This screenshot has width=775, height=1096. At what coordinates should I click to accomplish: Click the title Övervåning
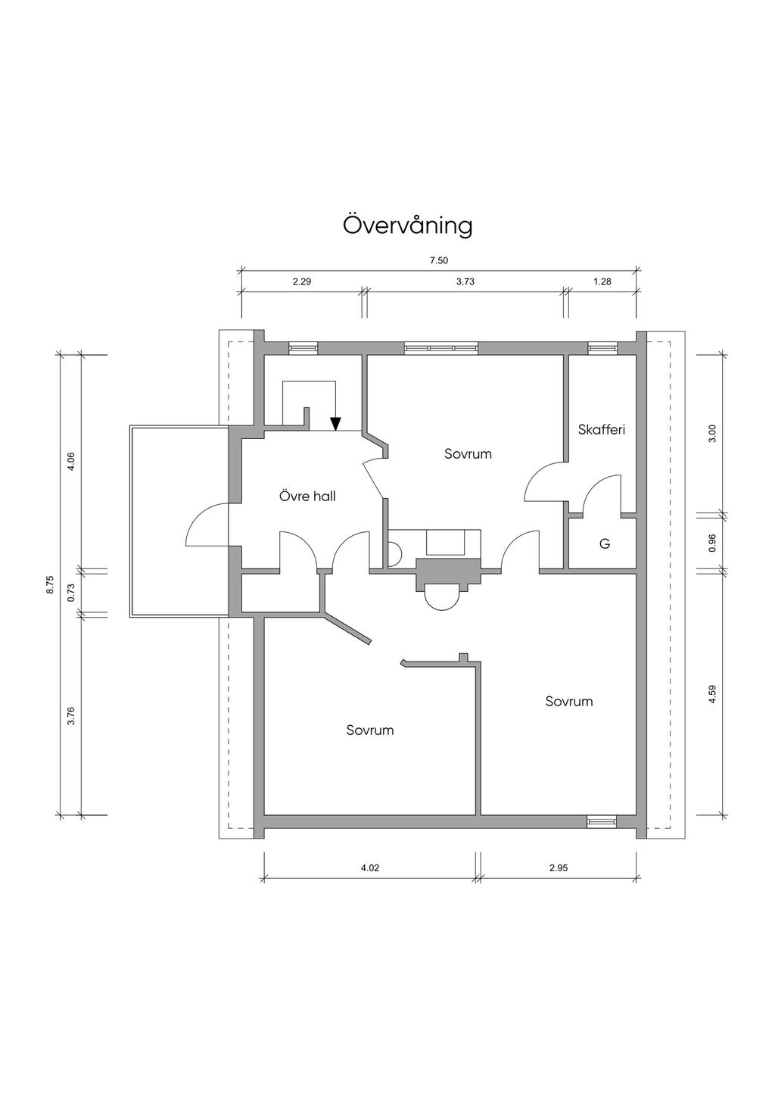tap(408, 226)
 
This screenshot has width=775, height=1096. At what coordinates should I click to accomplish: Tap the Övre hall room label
tap(307, 496)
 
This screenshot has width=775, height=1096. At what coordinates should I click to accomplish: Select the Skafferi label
tap(602, 430)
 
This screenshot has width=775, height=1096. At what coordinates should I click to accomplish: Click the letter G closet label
tap(605, 543)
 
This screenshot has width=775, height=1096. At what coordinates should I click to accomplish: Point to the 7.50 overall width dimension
tap(439, 261)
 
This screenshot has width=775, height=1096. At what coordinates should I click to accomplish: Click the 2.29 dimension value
tap(302, 282)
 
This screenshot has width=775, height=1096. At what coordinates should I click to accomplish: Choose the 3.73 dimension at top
tap(465, 282)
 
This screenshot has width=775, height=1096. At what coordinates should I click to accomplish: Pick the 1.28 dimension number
tap(602, 282)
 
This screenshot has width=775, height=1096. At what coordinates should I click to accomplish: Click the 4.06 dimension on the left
tap(71, 462)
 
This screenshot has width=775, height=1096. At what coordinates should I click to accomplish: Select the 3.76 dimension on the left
tap(71, 716)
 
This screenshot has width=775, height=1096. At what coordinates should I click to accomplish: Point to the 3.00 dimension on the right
tap(712, 433)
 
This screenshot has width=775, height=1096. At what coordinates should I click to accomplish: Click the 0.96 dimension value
tap(712, 543)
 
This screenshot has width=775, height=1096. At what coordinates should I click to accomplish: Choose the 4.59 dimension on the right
tap(712, 694)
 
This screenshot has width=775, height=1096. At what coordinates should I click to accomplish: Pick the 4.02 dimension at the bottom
tap(370, 868)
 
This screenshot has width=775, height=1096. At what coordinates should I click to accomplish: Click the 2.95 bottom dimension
tap(559, 868)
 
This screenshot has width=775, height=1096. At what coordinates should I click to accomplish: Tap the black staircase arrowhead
tap(335, 424)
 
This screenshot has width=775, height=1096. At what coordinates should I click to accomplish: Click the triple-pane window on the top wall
tap(441, 348)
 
